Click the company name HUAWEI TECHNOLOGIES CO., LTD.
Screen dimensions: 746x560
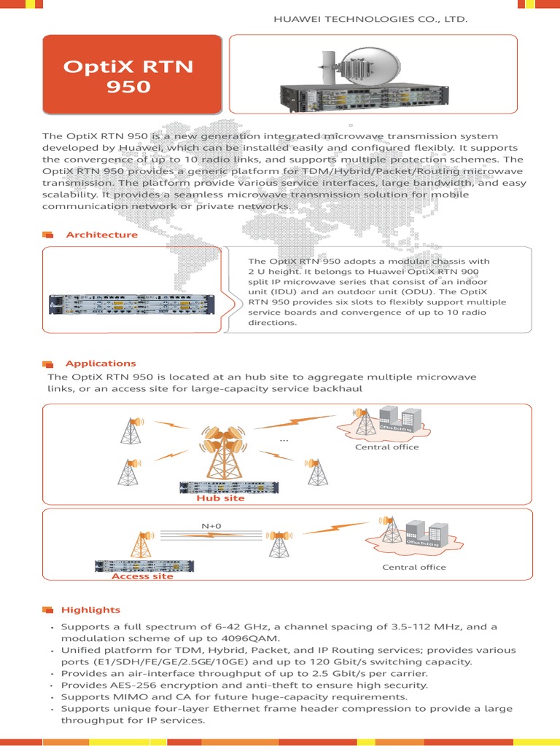(370, 17)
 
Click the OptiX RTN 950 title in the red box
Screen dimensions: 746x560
(128, 77)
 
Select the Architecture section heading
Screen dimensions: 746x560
(101, 235)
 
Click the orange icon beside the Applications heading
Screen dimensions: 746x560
(48, 364)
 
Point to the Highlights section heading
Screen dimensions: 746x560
(90, 609)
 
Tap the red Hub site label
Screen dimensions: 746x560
(220, 499)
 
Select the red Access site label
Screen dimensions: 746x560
(142, 576)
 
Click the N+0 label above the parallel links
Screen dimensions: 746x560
(212, 525)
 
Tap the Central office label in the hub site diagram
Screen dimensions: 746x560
(386, 447)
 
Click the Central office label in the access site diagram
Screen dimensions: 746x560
(413, 567)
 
